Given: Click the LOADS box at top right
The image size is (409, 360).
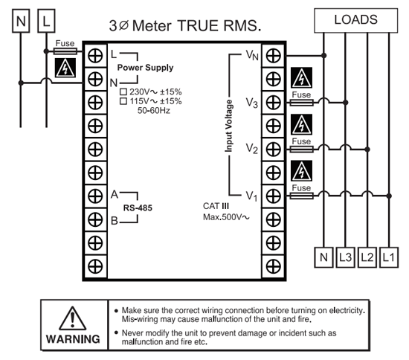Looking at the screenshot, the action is tap(355, 20).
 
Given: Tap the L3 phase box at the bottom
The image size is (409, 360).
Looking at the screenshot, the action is tap(345, 257).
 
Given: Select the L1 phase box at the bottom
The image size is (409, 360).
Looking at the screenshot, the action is tap(389, 257).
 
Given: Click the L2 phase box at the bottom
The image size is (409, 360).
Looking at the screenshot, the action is tap(367, 257).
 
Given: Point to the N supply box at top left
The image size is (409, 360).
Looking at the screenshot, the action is tap(21, 21).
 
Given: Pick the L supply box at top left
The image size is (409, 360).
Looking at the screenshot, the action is tap(46, 21).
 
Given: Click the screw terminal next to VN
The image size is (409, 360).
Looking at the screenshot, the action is tap(274, 56).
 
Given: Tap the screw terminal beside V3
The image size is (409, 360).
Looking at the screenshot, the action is tap(274, 103).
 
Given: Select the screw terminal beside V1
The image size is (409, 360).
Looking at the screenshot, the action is tap(274, 196).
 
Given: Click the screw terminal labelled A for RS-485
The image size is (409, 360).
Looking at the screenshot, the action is tap(95, 196).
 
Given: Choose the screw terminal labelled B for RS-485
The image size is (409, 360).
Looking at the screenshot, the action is tap(95, 219).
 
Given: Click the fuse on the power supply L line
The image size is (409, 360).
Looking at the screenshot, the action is tap(65, 51).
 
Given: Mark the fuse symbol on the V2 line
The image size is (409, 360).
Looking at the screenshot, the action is tap(301, 150).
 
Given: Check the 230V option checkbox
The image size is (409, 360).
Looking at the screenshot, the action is tap(123, 91).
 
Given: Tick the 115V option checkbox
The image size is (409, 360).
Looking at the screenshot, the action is tap(123, 101).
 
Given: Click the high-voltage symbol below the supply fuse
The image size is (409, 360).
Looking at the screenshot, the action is tap(65, 68).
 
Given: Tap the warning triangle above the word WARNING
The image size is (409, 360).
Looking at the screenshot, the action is tap(73, 318).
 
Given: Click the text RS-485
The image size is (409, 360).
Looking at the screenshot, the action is tap(138, 208).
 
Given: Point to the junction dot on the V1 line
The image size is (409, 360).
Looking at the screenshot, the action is tap(389, 196).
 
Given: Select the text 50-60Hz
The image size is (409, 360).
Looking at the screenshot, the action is tap(154, 110).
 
